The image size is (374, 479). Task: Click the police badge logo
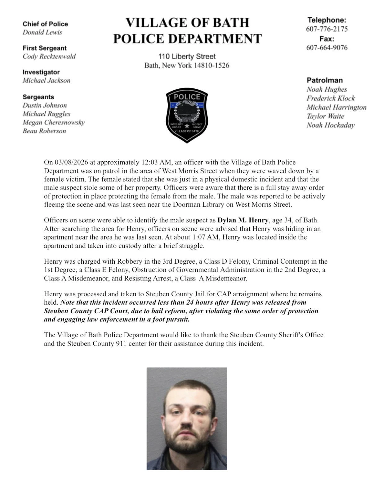tap(187, 115)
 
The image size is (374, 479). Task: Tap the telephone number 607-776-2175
tap(327, 29)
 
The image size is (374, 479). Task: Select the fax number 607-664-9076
tap(327, 47)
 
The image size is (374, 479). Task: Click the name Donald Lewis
tap(42, 32)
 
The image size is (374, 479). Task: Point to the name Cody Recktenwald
tap(49, 56)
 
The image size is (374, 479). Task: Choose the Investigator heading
tap(41, 72)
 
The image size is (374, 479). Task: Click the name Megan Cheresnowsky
tap(54, 123)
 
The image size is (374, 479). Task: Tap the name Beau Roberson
tap(44, 131)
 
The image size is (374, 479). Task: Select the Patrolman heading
tap(324, 80)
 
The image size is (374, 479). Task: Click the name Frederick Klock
tap(331, 98)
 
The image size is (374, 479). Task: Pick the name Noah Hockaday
tap(331, 125)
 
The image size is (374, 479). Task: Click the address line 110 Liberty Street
tap(187, 56)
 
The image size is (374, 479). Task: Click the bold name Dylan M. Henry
tap(243, 220)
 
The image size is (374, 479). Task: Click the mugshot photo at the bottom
tap(187, 419)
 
